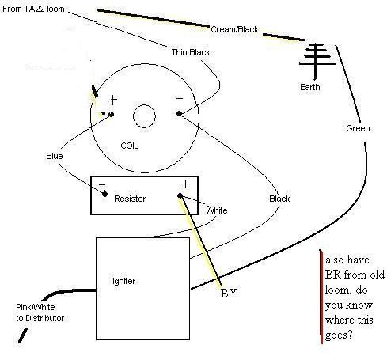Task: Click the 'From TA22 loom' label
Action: (x=33, y=9)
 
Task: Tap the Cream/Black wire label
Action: (x=234, y=29)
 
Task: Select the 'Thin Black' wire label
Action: (x=191, y=52)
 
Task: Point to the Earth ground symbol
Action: (x=317, y=61)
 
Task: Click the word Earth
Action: (x=310, y=87)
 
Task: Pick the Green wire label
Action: (x=358, y=128)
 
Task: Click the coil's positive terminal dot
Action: (x=112, y=114)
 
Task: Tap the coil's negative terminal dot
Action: (x=179, y=114)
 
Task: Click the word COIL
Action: (x=129, y=146)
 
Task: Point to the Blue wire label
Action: (x=55, y=156)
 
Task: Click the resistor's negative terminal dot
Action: (x=104, y=195)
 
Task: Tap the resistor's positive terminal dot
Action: (x=180, y=195)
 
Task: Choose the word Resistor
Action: (x=130, y=199)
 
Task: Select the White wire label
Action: (x=217, y=210)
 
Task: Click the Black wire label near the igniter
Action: (x=279, y=199)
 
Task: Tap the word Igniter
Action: (x=123, y=281)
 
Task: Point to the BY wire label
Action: (x=229, y=294)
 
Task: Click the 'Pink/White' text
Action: (x=36, y=307)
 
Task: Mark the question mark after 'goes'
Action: (x=349, y=335)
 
